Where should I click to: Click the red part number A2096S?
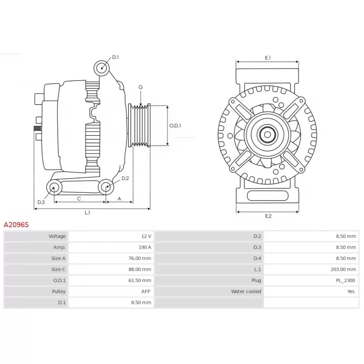[16, 225]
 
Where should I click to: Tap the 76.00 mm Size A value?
[140, 258]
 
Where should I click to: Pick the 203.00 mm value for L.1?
[343, 269]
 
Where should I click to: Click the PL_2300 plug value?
[345, 280]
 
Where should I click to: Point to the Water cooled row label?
[246, 291]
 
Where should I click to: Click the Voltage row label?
[57, 236]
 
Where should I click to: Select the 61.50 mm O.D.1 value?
[140, 280]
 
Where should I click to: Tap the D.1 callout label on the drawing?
[116, 57]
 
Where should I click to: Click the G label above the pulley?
[141, 87]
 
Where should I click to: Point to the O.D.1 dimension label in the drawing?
[175, 126]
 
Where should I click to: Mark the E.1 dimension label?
[268, 58]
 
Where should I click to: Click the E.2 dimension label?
[268, 216]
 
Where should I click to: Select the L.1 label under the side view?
[87, 212]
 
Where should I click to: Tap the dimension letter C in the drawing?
[79, 199]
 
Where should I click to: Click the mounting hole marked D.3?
[54, 187]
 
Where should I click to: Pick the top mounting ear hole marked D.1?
[101, 68]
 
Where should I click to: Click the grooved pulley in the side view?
[140, 126]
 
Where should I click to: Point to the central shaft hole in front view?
[268, 135]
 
